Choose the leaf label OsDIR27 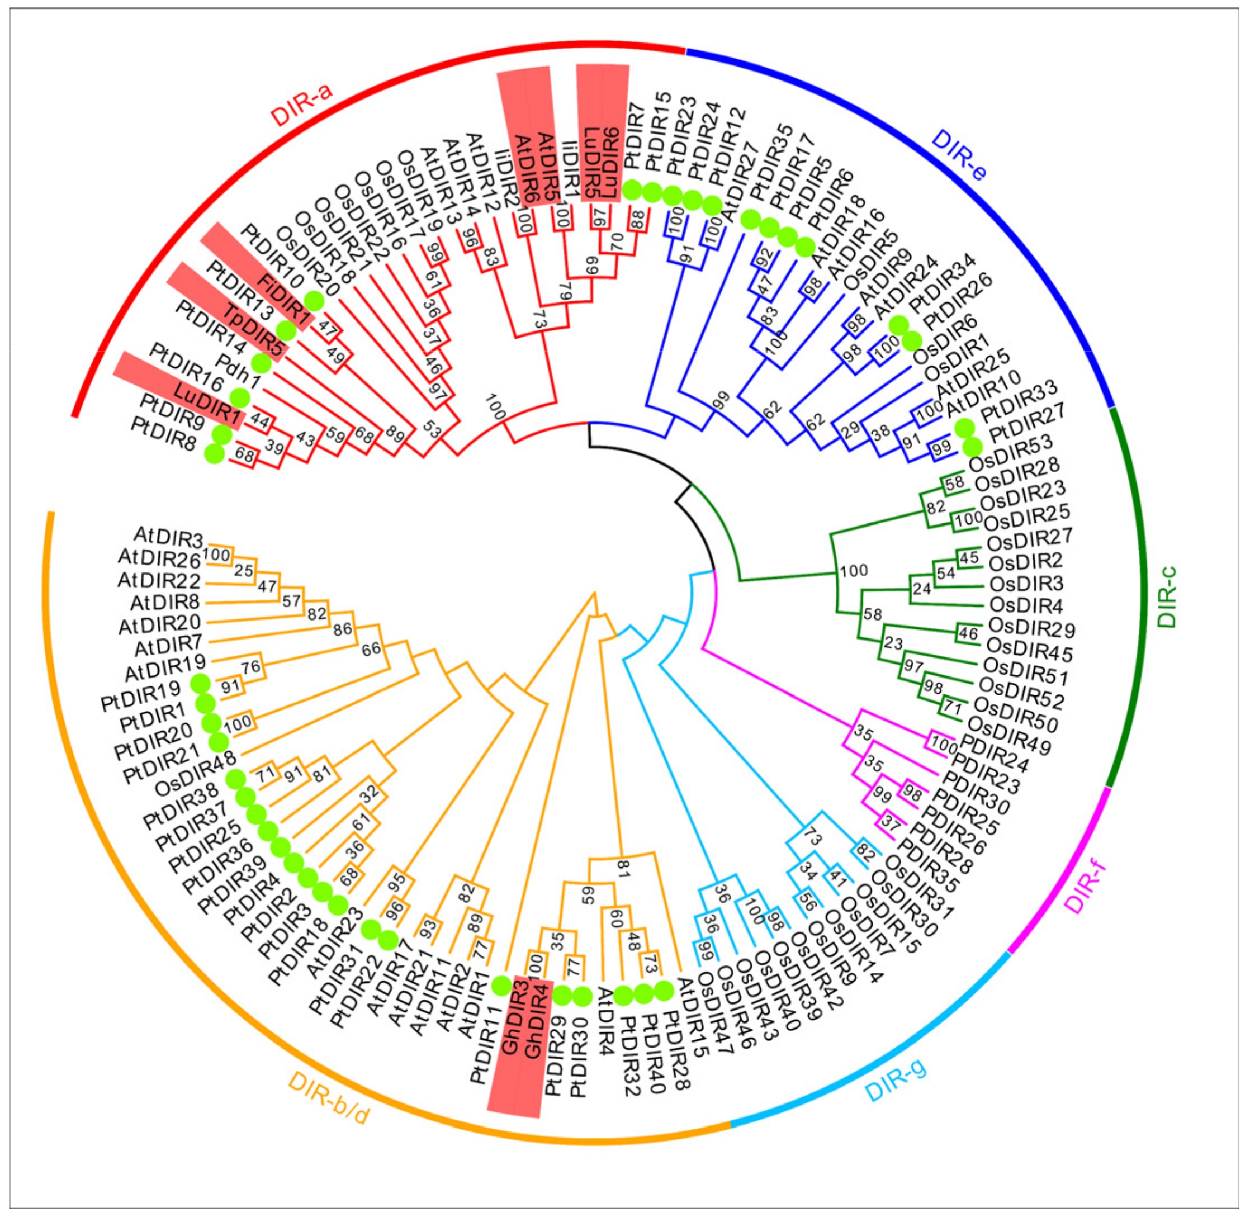[1029, 540]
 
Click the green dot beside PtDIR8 [214, 454]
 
